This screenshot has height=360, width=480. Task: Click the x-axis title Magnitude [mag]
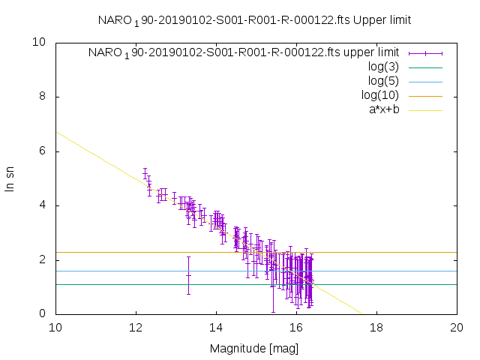[x=255, y=348]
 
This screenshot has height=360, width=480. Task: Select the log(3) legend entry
[x=383, y=67]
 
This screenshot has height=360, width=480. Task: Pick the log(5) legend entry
[x=383, y=81]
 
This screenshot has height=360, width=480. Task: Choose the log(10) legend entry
[x=379, y=95]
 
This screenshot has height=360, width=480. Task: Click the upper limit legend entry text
[x=243, y=52]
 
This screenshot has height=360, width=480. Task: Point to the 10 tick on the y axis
[x=40, y=43]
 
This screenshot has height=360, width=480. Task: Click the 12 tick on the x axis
[x=136, y=328]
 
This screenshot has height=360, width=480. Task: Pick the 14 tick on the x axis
[x=216, y=328]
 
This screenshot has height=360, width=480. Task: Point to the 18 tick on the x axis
[x=376, y=328]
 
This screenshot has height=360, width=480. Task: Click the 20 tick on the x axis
[x=457, y=328]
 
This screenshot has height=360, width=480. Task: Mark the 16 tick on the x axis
[x=296, y=328]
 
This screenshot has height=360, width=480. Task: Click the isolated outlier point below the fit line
[x=188, y=275]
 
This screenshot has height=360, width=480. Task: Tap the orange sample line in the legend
[x=425, y=96]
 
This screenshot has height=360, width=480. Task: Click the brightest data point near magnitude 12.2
[x=145, y=174]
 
